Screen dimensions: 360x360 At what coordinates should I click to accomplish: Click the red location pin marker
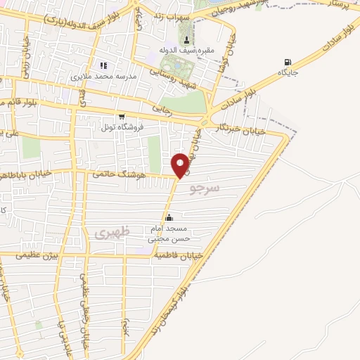pyautogui.click(x=181, y=165)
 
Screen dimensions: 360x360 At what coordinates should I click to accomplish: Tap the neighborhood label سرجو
pyautogui.click(x=206, y=188)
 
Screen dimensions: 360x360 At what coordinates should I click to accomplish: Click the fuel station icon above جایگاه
pyautogui.click(x=286, y=62)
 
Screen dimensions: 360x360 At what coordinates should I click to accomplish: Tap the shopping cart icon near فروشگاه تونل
pyautogui.click(x=122, y=117)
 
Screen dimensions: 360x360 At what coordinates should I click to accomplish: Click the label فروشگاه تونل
pyautogui.click(x=122, y=128)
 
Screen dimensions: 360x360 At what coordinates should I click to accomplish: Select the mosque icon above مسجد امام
pyautogui.click(x=168, y=217)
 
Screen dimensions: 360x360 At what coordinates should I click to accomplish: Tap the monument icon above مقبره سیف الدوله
pyautogui.click(x=186, y=39)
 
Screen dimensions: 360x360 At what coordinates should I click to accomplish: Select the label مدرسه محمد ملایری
pyautogui.click(x=103, y=75)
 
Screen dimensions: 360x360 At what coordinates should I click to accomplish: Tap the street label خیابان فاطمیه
pyautogui.click(x=181, y=256)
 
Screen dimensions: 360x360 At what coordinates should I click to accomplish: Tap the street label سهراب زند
pyautogui.click(x=169, y=14)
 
